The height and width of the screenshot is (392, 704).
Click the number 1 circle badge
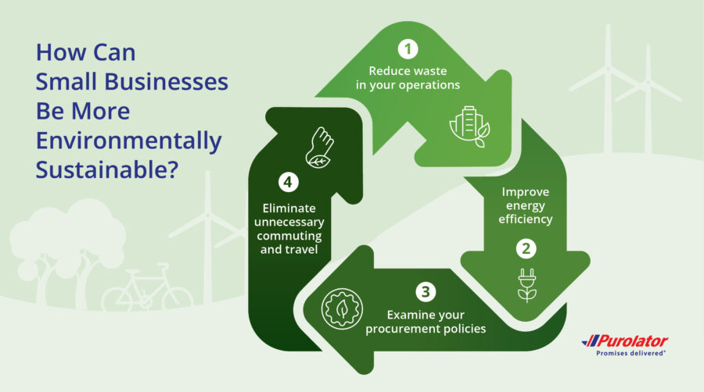pos(407,49)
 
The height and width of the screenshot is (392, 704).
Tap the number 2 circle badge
pos(526,249)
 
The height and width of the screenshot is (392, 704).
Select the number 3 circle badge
pos(425,293)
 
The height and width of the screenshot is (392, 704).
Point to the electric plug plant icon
pos(527,284)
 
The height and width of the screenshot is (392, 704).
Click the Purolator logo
pos(625,341)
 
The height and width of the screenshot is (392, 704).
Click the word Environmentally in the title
pos(129,141)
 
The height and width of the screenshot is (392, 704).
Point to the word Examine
pos(410,315)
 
